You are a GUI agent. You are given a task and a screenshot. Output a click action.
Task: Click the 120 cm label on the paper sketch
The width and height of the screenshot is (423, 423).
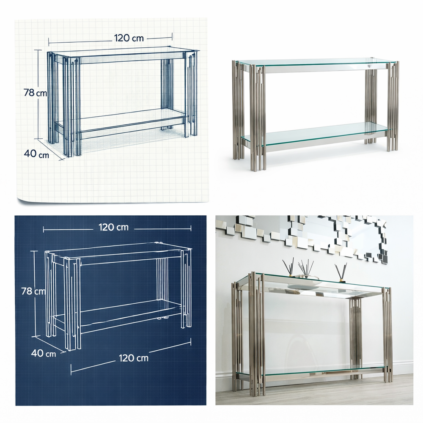click(x=129, y=38)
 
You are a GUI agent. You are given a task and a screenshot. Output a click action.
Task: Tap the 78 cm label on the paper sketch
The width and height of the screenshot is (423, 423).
click(x=35, y=93)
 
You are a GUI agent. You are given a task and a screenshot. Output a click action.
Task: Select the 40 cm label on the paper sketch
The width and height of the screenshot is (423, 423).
click(x=36, y=154)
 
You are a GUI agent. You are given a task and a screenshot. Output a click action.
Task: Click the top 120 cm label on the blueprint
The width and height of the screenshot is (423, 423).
click(x=113, y=228)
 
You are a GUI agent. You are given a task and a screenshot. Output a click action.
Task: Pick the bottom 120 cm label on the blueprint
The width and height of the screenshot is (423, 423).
click(x=134, y=358)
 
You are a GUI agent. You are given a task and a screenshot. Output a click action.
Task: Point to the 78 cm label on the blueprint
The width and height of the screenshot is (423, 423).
click(x=33, y=291)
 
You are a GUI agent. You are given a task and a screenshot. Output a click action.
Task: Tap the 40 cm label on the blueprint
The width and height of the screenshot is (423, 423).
click(x=44, y=353)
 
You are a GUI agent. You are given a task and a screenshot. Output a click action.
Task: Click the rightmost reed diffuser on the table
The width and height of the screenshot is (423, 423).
click(x=340, y=273)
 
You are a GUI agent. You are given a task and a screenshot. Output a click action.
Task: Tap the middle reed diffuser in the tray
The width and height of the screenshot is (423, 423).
click(x=306, y=269)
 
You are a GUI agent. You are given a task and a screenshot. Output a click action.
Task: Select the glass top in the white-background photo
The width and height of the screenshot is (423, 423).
click(x=316, y=64)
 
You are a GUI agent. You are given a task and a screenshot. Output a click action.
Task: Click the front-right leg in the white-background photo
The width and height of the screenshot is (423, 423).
click(x=393, y=106)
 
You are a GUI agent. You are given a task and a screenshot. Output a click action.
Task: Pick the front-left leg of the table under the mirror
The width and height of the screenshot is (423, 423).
click(x=256, y=334)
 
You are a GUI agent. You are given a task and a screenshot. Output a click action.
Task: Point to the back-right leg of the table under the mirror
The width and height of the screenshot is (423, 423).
click(x=356, y=338)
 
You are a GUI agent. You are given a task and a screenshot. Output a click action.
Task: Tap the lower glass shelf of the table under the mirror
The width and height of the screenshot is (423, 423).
click(x=310, y=370)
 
